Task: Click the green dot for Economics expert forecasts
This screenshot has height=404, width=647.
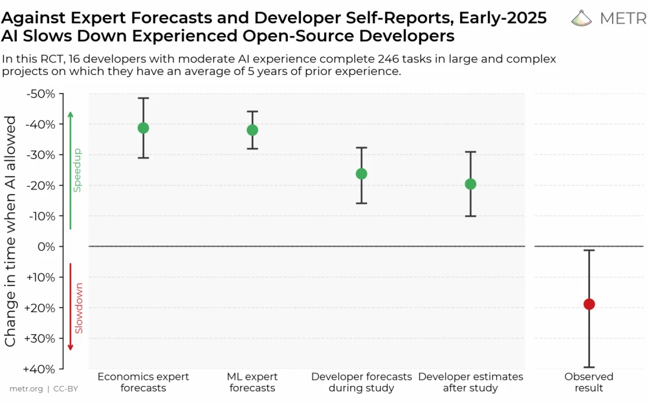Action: tap(143, 128)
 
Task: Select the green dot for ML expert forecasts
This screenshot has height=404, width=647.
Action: tap(252, 130)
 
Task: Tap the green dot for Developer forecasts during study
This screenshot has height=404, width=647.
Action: tap(362, 174)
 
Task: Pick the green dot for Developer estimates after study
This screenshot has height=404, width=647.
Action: tap(471, 184)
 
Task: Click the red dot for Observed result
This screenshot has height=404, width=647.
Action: tap(589, 304)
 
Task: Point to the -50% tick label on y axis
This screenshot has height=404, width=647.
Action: tap(40, 94)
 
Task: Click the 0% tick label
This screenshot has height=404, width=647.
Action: tap(47, 247)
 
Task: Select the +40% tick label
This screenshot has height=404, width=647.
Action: tap(40, 369)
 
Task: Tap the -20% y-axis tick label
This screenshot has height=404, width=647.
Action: tap(40, 186)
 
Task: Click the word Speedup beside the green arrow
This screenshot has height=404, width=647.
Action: tap(77, 170)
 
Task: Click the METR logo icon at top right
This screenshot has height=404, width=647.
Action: tap(582, 18)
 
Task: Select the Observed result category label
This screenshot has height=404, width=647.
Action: tap(589, 382)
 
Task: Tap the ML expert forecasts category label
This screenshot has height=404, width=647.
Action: tap(252, 382)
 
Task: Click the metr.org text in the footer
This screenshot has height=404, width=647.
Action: tap(26, 389)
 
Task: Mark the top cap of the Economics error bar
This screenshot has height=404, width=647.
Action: tap(143, 98)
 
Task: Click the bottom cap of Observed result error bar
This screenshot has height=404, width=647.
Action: tap(589, 367)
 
